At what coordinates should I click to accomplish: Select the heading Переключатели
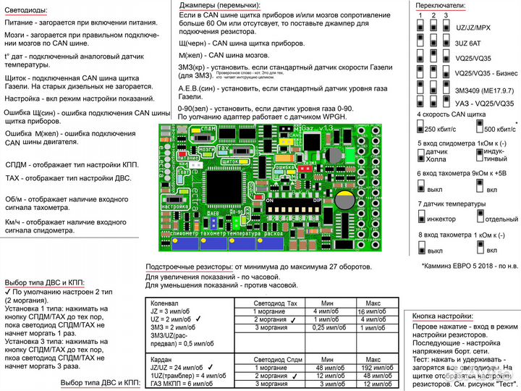point(441,5)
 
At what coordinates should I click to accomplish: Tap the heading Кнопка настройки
point(443,316)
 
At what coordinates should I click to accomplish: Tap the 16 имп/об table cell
point(373,311)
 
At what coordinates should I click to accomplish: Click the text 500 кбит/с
point(495,129)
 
